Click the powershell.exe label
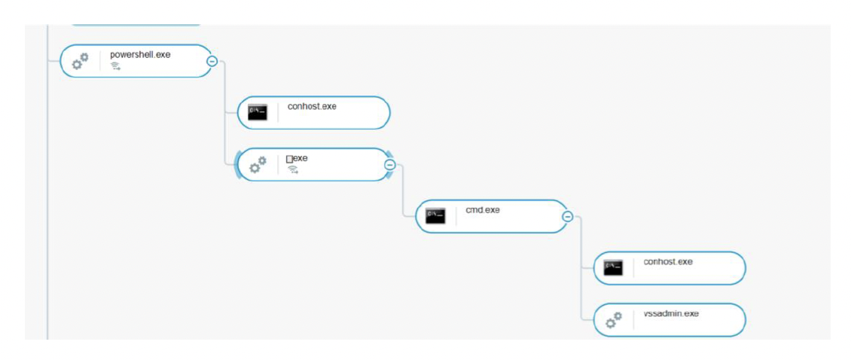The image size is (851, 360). tap(140, 55)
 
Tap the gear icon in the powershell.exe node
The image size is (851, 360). tap(80, 62)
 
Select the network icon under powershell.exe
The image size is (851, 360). tap(116, 66)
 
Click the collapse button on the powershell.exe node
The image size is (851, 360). tap(212, 61)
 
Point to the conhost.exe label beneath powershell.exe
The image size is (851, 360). tap(312, 106)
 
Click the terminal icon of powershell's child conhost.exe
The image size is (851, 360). tap(257, 113)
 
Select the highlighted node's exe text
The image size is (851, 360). tap(300, 158)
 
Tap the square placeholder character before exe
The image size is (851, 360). tap(289, 159)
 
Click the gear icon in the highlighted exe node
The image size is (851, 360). tap(258, 165)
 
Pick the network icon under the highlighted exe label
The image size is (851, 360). tap(293, 169)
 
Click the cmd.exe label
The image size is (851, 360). tap(483, 210)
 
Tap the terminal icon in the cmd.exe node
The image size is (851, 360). tap(435, 216)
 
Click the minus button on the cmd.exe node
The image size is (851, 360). tap(568, 217)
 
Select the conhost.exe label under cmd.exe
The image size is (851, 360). tap(668, 262)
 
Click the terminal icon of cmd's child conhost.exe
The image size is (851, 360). tap(613, 268)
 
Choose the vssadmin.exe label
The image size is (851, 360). tap(671, 313)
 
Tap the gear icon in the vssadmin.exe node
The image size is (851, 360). tap(614, 320)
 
